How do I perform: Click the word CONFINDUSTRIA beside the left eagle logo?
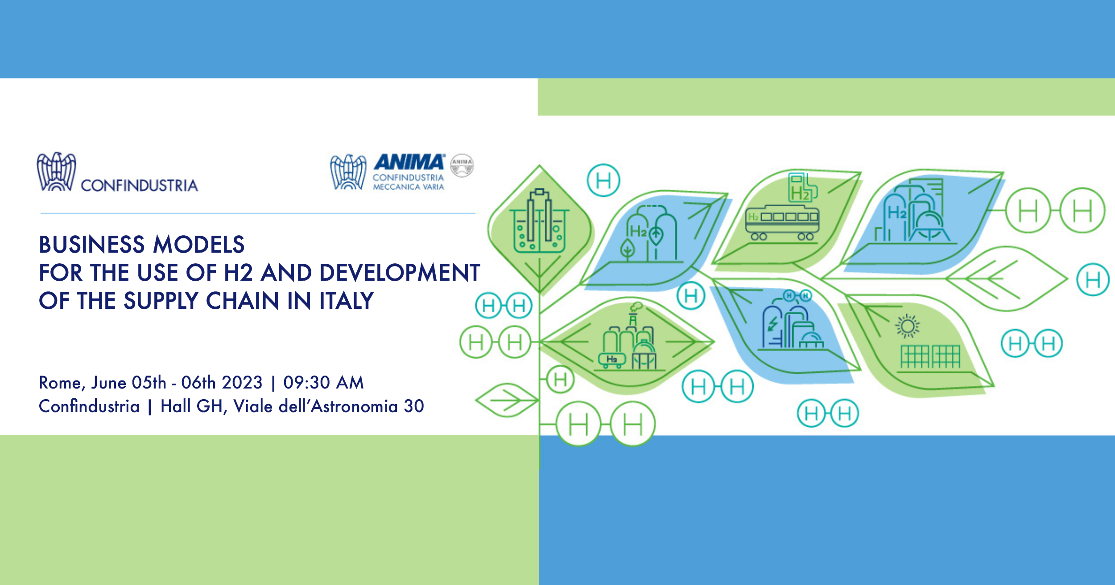(x=139, y=185)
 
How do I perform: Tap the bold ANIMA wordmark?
(x=409, y=162)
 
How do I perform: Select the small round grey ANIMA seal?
(x=462, y=165)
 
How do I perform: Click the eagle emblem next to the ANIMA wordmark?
(x=348, y=172)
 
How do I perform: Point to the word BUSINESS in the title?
(x=92, y=245)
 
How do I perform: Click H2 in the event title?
(x=239, y=273)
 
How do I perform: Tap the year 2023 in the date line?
(x=242, y=383)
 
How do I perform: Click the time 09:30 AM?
(x=324, y=383)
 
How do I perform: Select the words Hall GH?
(x=192, y=406)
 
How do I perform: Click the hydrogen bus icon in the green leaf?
(x=782, y=223)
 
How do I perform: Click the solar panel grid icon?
(x=930, y=356)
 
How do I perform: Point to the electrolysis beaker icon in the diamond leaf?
(x=540, y=221)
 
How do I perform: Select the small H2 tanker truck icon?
(x=611, y=360)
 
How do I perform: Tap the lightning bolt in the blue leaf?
(x=772, y=324)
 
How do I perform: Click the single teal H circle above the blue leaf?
(x=603, y=180)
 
